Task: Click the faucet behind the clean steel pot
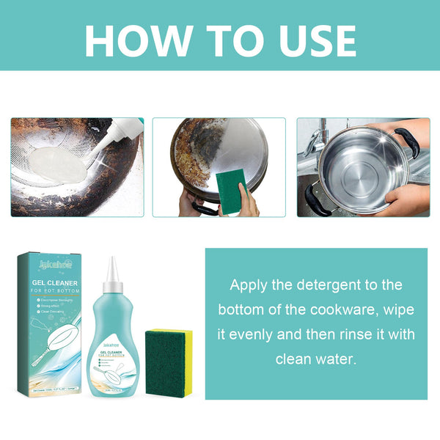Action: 315,139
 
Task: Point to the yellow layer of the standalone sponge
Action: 188,352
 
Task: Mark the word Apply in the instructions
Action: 250,284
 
